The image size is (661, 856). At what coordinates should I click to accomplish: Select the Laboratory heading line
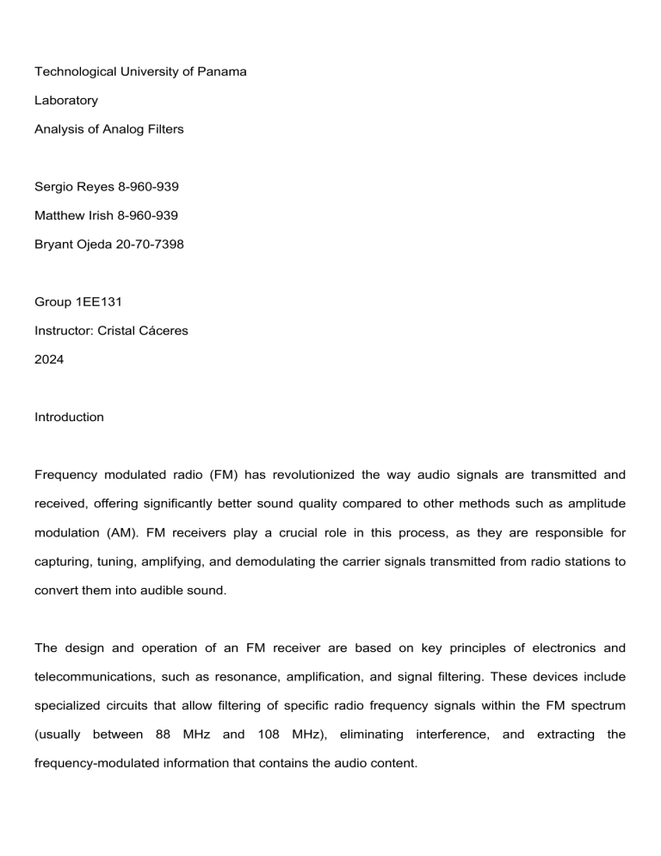click(x=66, y=101)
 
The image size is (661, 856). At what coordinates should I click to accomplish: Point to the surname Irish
click(x=112, y=214)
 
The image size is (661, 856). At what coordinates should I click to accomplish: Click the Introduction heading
click(x=69, y=417)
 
